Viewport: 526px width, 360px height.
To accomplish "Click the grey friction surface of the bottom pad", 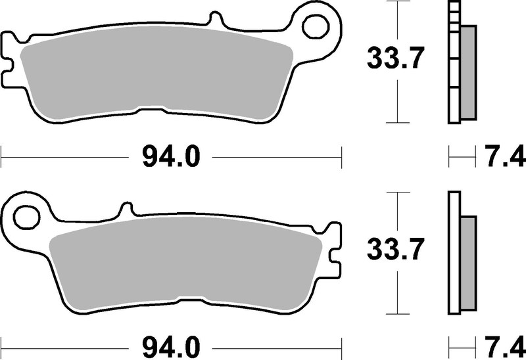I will click(184, 266).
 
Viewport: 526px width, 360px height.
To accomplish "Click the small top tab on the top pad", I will click(214, 19).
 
